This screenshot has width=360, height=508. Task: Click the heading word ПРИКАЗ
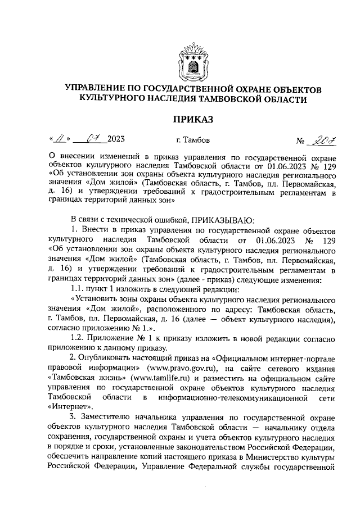(x=193, y=119)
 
